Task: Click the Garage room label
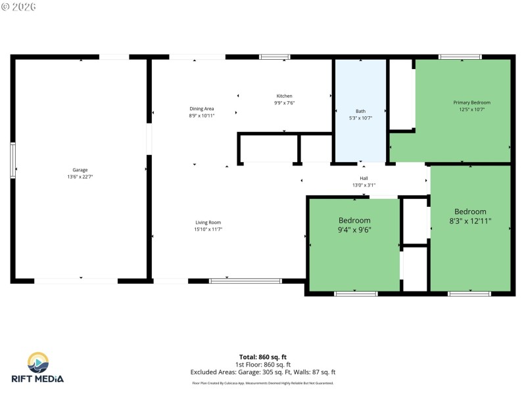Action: [x=80, y=170]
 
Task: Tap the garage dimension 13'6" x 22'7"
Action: [x=80, y=177]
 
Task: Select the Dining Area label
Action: [x=202, y=109]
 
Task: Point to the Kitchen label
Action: [x=284, y=96]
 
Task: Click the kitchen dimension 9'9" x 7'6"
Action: [x=284, y=103]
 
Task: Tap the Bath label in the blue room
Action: [x=360, y=111]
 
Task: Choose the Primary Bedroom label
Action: [x=471, y=102]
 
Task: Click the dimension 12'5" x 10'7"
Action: [x=471, y=110]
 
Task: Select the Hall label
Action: [x=364, y=179]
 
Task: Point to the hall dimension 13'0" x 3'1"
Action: [x=364, y=185]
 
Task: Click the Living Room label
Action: [x=208, y=223]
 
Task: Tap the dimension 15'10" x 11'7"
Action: [x=208, y=229]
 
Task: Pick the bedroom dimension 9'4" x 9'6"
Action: [x=354, y=230]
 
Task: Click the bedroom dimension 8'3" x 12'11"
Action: [x=471, y=221]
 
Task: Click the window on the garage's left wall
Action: [x=12, y=161]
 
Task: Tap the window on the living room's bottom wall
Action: [x=245, y=280]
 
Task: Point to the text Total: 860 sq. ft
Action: [x=262, y=357]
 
